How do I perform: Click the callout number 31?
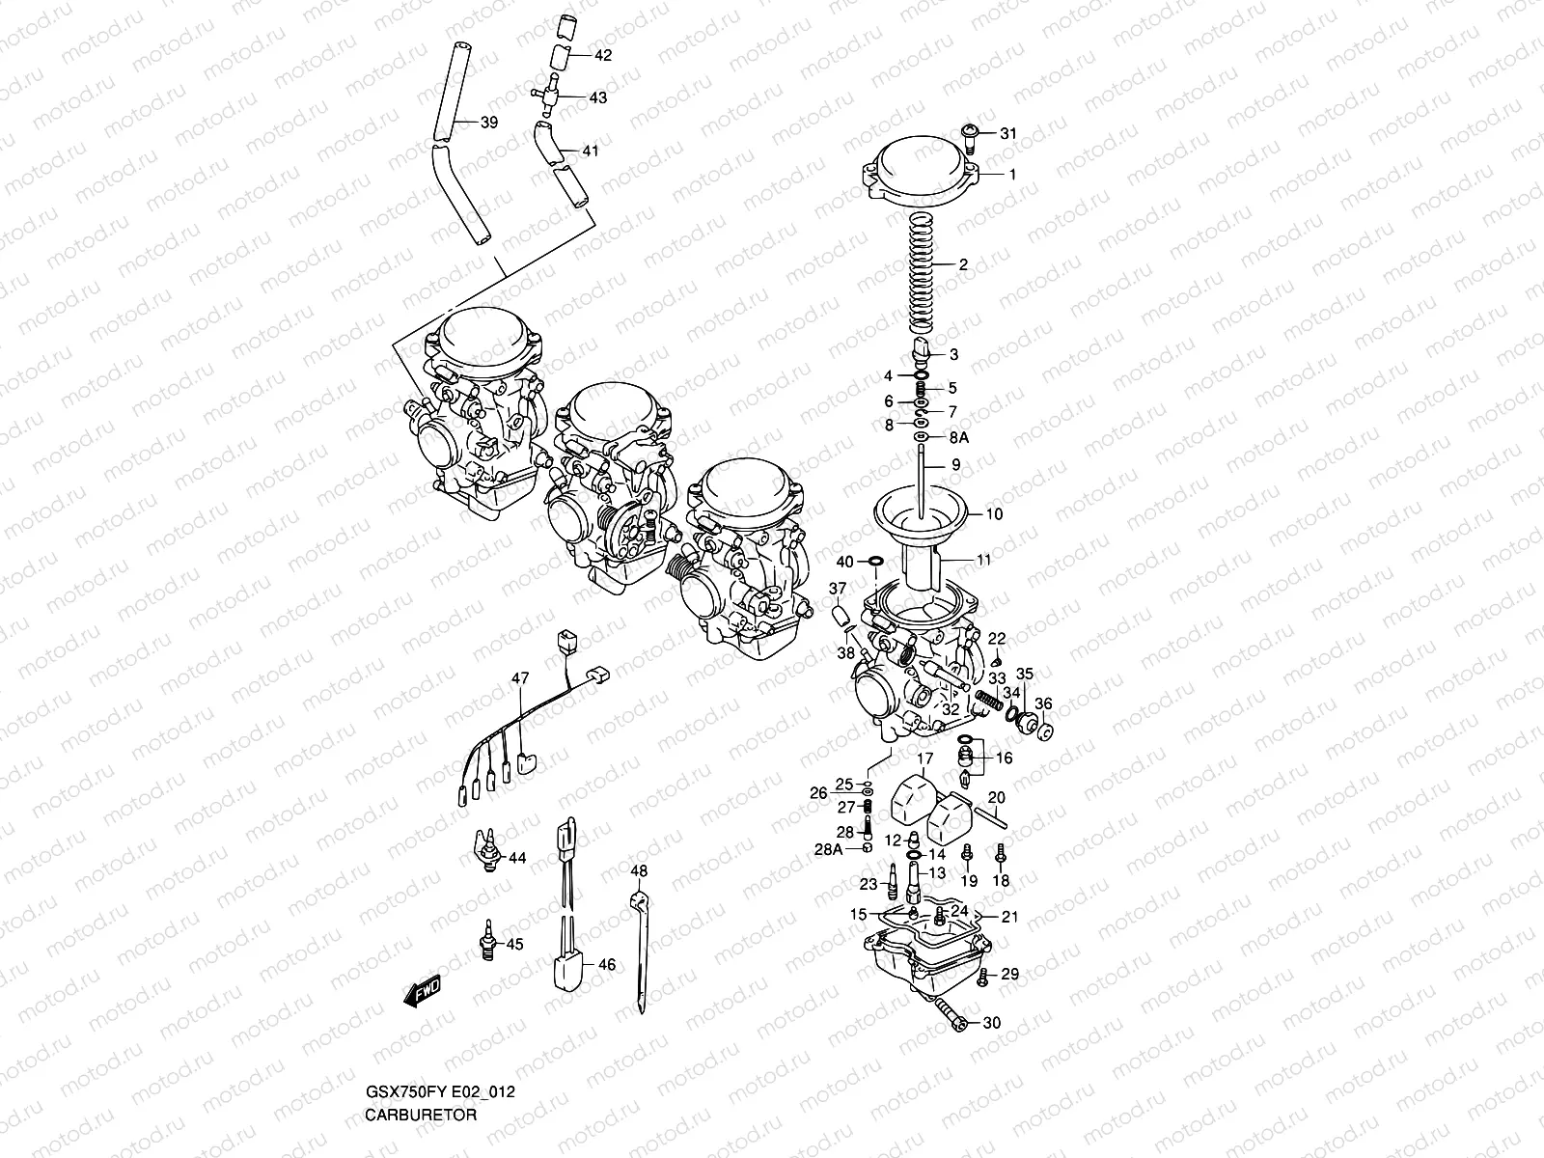click(1007, 134)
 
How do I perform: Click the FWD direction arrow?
click(422, 990)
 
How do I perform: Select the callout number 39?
click(489, 123)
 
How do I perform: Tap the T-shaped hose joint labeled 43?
click(553, 96)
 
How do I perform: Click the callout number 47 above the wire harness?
click(521, 680)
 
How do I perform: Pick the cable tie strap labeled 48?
click(639, 946)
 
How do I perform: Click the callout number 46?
click(605, 964)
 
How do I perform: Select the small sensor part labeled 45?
click(488, 941)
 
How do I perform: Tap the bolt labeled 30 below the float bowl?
click(951, 1017)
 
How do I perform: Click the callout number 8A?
click(958, 437)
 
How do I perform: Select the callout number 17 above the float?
click(924, 758)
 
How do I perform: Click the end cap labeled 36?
click(1042, 731)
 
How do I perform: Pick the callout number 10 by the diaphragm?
click(993, 514)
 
